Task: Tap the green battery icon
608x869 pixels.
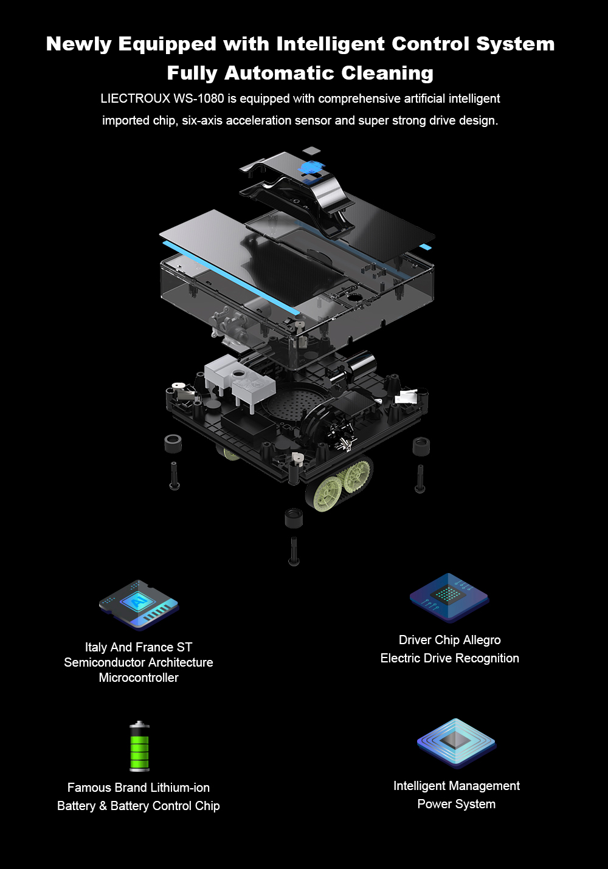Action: [139, 746]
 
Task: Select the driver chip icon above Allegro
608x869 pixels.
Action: [449, 598]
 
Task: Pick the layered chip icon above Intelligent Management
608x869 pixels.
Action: [457, 743]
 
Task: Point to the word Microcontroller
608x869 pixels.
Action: [139, 678]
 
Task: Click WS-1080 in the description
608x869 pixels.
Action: [199, 98]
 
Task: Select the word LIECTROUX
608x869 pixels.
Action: [135, 98]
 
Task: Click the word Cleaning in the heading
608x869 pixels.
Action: [387, 74]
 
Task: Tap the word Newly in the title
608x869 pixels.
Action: [79, 44]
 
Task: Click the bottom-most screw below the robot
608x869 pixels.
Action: [294, 551]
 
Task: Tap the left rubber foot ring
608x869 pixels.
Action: [173, 443]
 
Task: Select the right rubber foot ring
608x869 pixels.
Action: [421, 446]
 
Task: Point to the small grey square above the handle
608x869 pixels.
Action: [311, 151]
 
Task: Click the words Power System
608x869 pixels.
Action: [456, 804]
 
